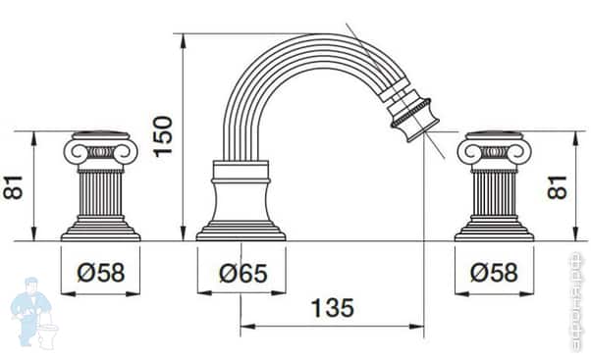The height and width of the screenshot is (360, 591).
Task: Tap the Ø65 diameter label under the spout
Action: (x=241, y=272)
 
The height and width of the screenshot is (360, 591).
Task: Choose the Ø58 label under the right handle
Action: (x=495, y=272)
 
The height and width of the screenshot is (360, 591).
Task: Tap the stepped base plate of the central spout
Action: (x=241, y=232)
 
